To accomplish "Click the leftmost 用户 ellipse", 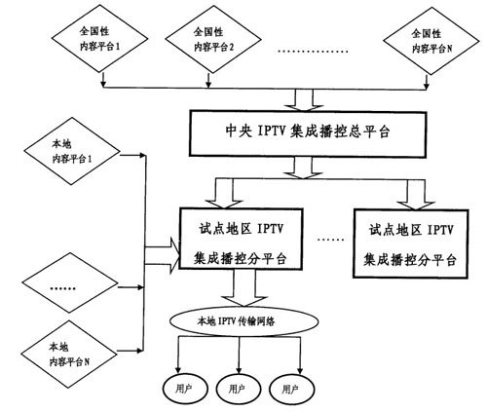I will [180, 387].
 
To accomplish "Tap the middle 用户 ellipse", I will [235, 387].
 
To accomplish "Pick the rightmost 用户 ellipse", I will [289, 387].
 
